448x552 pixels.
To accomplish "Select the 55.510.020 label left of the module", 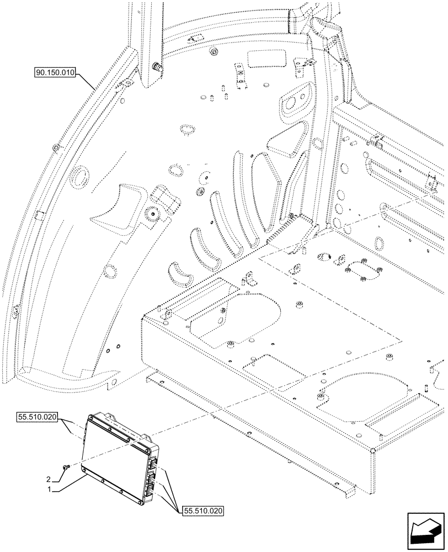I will pyautogui.click(x=38, y=418).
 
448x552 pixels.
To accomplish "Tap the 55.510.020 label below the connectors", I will pyautogui.click(x=201, y=512).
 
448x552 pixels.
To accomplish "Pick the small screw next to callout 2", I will pyautogui.click(x=65, y=467).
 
